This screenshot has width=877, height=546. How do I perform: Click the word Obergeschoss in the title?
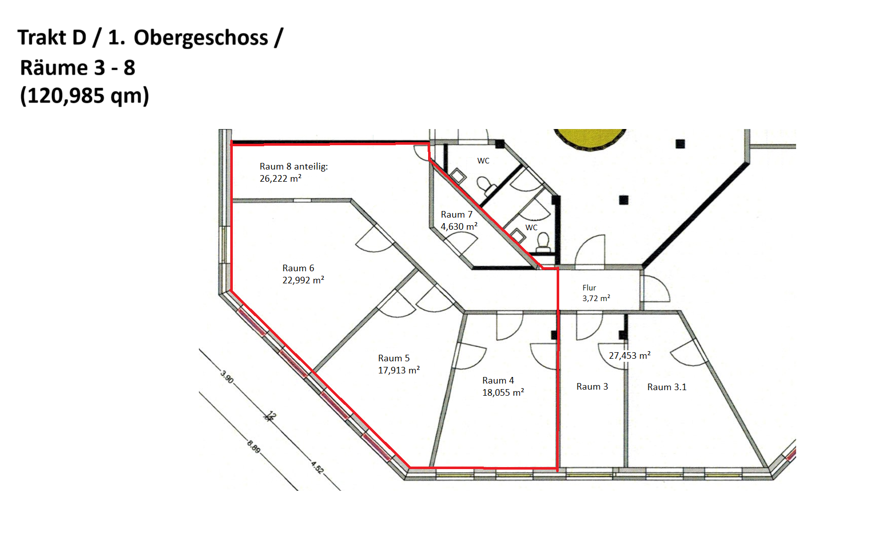click(x=201, y=38)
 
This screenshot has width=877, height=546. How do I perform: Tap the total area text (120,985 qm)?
click(x=85, y=96)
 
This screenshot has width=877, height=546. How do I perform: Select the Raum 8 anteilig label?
click(x=294, y=166)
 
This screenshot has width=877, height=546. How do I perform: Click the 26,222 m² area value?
click(x=280, y=179)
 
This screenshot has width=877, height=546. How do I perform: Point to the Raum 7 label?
click(x=456, y=215)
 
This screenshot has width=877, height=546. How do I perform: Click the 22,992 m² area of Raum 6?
click(x=303, y=280)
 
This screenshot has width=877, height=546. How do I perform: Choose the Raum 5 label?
click(x=394, y=358)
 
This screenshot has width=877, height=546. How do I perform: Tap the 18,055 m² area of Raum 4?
click(x=503, y=393)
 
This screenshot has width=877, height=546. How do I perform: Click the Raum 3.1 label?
click(x=667, y=387)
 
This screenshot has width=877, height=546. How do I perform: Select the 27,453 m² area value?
click(x=630, y=356)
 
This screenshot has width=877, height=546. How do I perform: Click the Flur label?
click(x=589, y=288)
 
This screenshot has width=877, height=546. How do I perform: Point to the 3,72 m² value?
click(x=596, y=299)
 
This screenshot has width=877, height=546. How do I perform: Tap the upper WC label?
click(x=483, y=161)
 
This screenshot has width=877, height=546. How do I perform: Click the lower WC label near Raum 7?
click(x=531, y=228)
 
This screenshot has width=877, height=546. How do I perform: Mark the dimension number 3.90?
click(x=227, y=377)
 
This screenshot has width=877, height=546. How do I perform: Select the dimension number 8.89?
click(x=254, y=447)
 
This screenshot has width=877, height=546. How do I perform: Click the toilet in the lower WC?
click(x=544, y=242)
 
